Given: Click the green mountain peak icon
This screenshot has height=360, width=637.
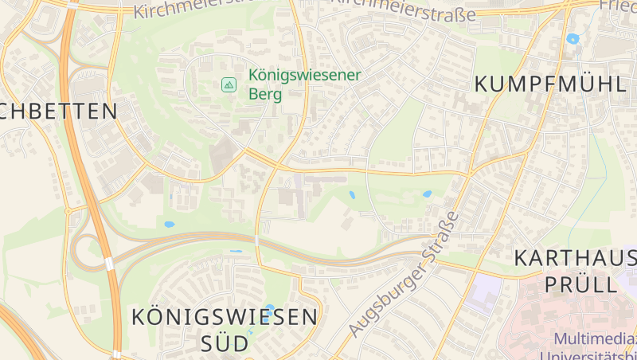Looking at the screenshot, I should coord(229,84).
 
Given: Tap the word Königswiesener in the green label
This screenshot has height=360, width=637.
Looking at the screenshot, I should coord(304,75).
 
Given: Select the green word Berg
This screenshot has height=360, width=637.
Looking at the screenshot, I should coord(266,94).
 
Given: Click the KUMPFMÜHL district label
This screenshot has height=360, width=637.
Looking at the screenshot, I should coord(550,84).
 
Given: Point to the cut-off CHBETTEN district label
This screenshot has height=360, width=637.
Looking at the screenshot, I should coord(59,111).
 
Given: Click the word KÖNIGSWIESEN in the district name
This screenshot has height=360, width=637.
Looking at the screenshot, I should coord(225,317).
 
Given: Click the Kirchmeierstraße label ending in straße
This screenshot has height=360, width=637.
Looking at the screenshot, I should coord(403,11).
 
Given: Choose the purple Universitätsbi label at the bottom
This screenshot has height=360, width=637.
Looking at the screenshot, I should coord(589,354).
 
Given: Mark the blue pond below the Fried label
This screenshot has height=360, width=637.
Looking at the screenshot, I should coord(573,38).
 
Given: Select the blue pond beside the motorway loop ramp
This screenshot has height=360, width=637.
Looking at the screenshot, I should coord(169,225).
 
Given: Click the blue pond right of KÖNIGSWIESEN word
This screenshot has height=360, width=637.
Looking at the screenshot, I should coord(269,307).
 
